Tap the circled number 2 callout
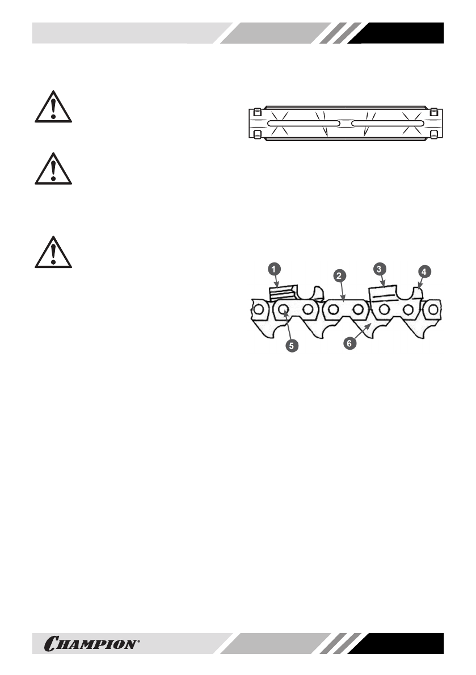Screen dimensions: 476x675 click(x=339, y=276)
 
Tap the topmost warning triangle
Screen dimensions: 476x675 click(x=52, y=107)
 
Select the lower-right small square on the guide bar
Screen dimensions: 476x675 click(x=433, y=134)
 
